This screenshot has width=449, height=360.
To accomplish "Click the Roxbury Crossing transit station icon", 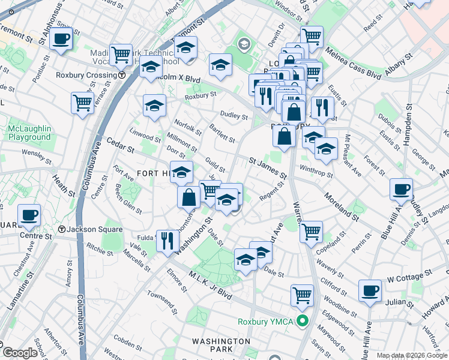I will click(122, 76).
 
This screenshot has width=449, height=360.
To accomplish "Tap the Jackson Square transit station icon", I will click(62, 230).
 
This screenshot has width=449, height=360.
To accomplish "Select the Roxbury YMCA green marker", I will click(303, 322).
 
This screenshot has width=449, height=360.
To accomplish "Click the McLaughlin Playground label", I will click(29, 133).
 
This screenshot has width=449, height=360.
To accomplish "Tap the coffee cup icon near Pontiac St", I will click(61, 40).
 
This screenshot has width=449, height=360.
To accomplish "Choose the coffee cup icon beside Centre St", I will click(29, 215).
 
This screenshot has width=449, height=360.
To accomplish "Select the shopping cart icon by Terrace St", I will click(82, 102).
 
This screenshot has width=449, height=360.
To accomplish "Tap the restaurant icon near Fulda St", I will click(167, 241).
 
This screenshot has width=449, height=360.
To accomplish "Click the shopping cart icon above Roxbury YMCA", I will click(302, 295).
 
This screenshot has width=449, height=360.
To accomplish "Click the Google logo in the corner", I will click(19, 353).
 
